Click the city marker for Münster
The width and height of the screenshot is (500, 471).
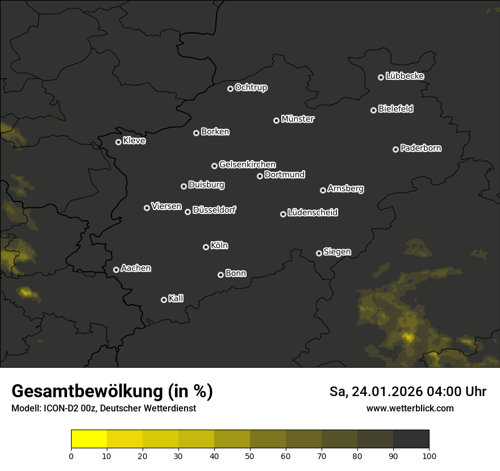tap(277, 120)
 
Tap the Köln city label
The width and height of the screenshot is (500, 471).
tap(219, 246)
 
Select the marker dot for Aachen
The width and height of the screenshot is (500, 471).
tap(116, 270)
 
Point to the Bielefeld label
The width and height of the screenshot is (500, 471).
tap(395, 109)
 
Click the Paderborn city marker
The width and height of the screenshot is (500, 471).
tap(396, 149)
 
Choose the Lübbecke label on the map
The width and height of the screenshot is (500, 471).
tap(405, 76)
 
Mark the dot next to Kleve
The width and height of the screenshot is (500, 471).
tap(119, 142)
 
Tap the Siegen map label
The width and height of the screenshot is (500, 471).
tap(337, 252)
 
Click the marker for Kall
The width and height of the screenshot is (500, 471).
tap(164, 300)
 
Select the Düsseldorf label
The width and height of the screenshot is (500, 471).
tap(214, 210)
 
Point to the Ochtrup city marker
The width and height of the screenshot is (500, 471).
tap(231, 89)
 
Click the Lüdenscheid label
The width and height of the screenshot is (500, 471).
tap(312, 213)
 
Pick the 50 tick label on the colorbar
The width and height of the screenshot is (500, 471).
tap(250, 455)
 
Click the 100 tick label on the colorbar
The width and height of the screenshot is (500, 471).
tap(429, 455)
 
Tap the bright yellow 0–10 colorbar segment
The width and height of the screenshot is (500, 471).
tap(89, 439)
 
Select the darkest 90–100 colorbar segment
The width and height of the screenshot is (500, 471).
tap(411, 439)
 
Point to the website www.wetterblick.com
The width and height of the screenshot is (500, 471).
tap(410, 408)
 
